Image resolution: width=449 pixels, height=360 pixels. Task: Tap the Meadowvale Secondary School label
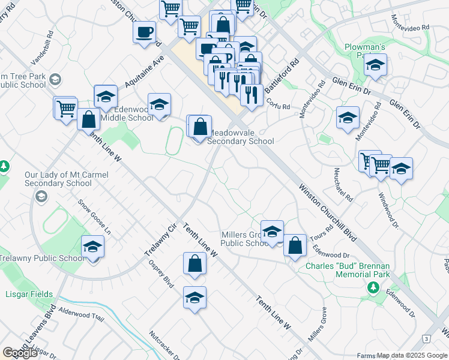tap(240, 136)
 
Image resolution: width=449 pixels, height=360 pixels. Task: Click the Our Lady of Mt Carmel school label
tap(58, 179)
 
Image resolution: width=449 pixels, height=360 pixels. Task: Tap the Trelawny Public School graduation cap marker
tap(93, 247)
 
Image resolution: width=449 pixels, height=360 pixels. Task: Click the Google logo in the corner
tap(20, 353)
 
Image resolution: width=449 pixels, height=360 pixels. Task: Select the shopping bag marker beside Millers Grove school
tap(295, 245)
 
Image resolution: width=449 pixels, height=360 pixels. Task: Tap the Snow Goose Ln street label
tap(95, 216)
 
